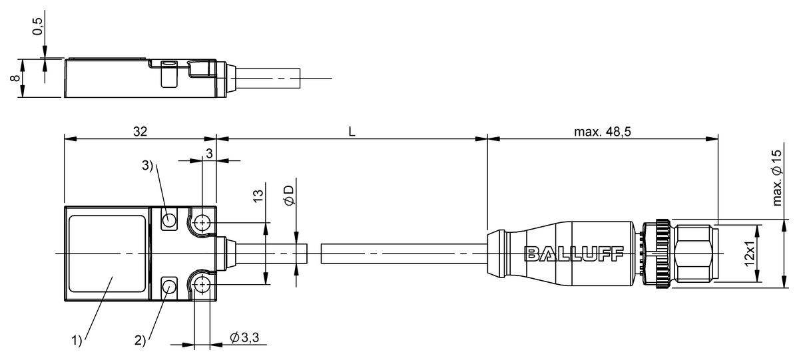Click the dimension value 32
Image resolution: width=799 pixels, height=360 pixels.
click(140, 132)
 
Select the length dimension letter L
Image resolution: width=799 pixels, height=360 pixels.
click(352, 132)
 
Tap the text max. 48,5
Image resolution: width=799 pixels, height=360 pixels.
click(603, 132)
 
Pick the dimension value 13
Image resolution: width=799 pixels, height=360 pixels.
click(259, 196)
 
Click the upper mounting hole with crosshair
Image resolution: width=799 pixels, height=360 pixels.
click(202, 222)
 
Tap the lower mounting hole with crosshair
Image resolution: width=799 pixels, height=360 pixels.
click(202, 285)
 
